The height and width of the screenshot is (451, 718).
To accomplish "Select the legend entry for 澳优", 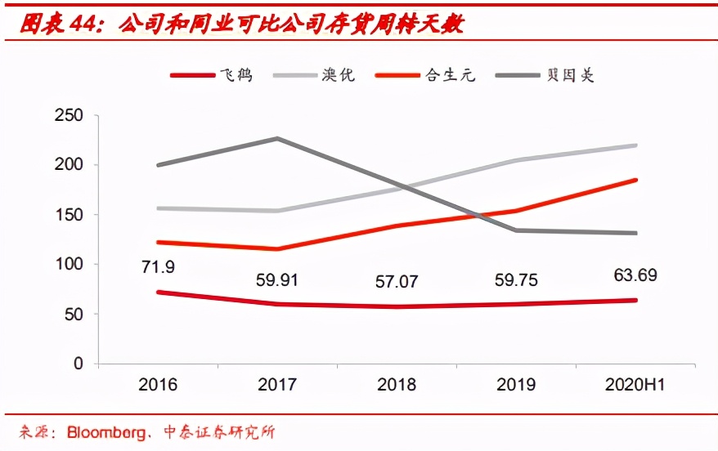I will click(x=315, y=75).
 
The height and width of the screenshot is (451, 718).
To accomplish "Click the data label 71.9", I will click(x=157, y=267).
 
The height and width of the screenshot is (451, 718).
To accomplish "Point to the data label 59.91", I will click(x=277, y=280).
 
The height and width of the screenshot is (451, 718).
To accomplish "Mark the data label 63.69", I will click(x=636, y=275).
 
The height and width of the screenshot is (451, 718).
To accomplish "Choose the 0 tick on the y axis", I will click(x=79, y=364).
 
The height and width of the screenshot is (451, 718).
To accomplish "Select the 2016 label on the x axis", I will click(x=157, y=385).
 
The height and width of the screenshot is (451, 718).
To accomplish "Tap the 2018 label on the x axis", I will click(x=397, y=385).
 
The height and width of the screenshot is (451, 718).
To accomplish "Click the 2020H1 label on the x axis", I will click(x=636, y=385).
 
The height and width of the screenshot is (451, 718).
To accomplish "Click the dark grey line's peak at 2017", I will click(x=277, y=138).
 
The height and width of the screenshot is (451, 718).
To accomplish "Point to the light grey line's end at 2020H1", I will click(x=636, y=145).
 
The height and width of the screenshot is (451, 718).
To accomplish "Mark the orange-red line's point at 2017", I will click(x=277, y=249).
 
